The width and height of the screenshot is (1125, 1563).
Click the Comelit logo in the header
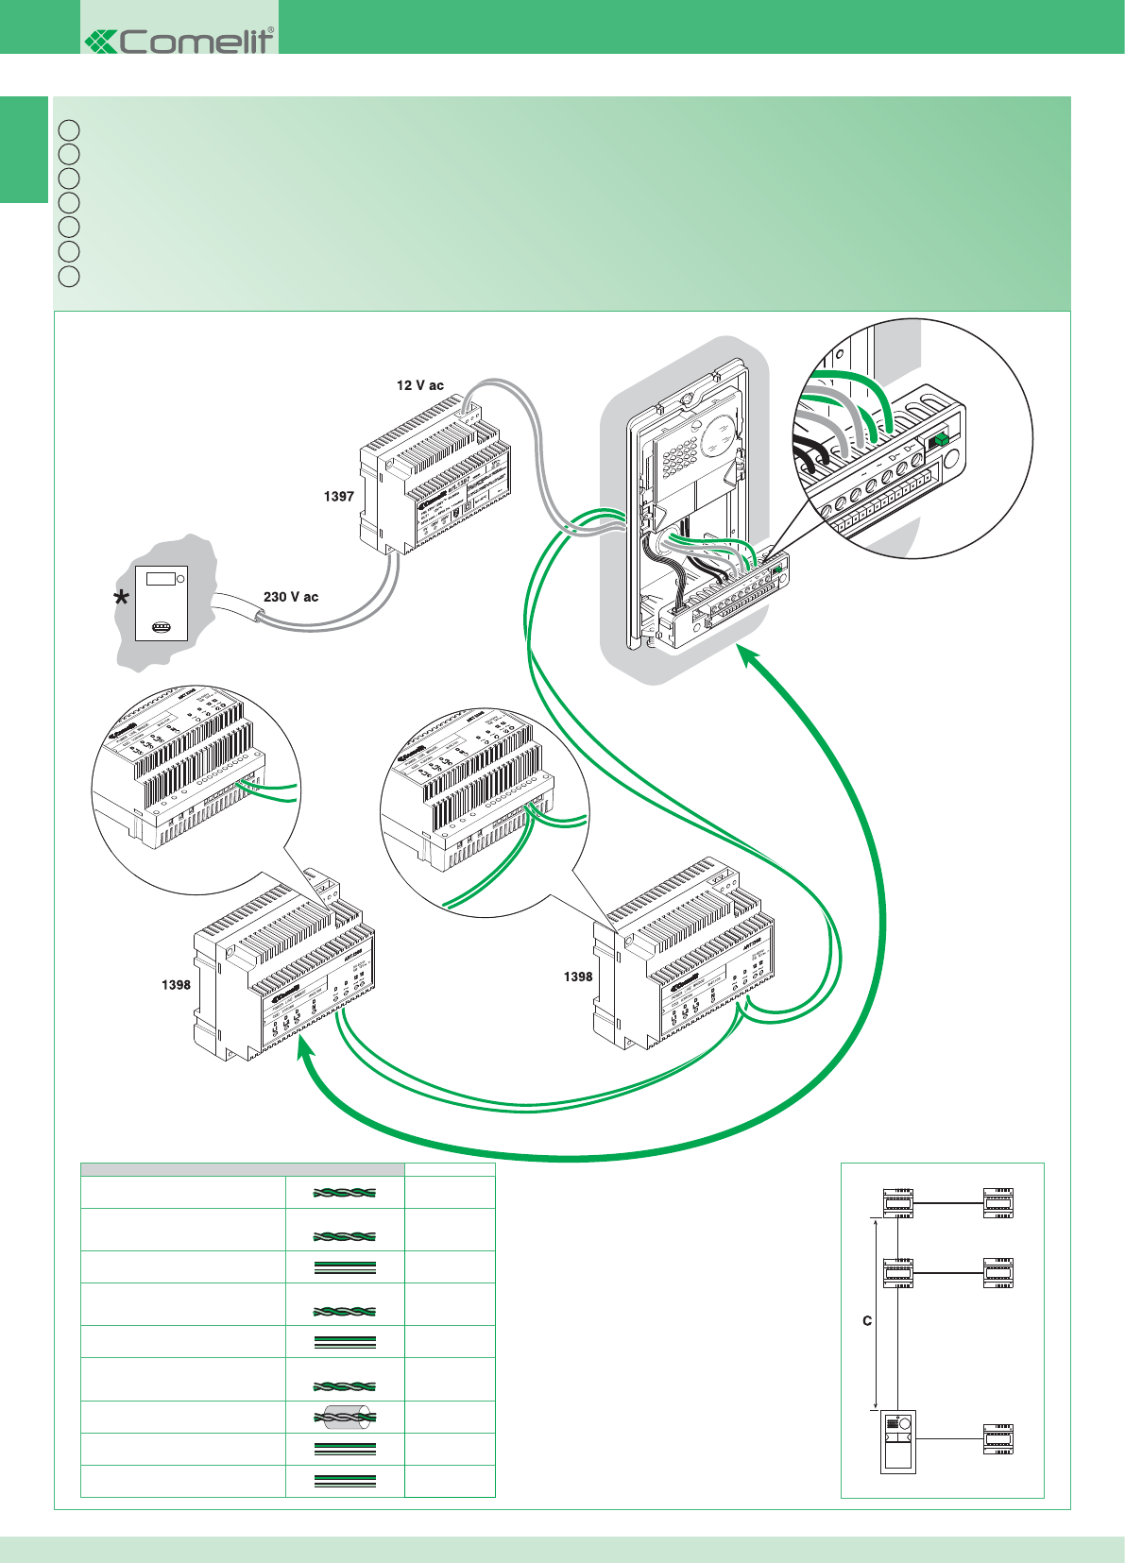click(x=179, y=41)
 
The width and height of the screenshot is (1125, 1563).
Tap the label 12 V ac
click(x=419, y=385)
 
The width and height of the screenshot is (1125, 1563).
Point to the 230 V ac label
click(x=291, y=597)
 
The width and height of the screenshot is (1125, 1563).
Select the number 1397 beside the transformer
click(x=338, y=496)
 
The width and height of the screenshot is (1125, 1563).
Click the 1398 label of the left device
click(x=176, y=985)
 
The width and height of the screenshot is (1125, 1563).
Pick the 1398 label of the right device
click(x=578, y=977)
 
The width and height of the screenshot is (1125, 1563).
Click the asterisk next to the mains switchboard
click(x=121, y=599)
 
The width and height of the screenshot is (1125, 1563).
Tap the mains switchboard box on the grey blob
click(x=161, y=603)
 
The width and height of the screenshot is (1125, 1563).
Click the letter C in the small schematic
click(x=867, y=1321)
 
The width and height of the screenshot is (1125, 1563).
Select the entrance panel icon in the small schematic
click(x=897, y=1441)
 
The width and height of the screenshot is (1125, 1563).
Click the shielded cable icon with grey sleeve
click(x=345, y=1417)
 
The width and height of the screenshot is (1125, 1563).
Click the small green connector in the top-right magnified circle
click(x=940, y=439)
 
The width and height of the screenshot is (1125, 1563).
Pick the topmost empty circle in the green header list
click(x=69, y=129)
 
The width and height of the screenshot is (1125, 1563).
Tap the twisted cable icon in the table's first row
click(x=345, y=1193)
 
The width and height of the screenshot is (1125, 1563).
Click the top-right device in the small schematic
click(x=997, y=1202)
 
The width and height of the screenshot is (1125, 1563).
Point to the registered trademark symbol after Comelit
click(x=271, y=30)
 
